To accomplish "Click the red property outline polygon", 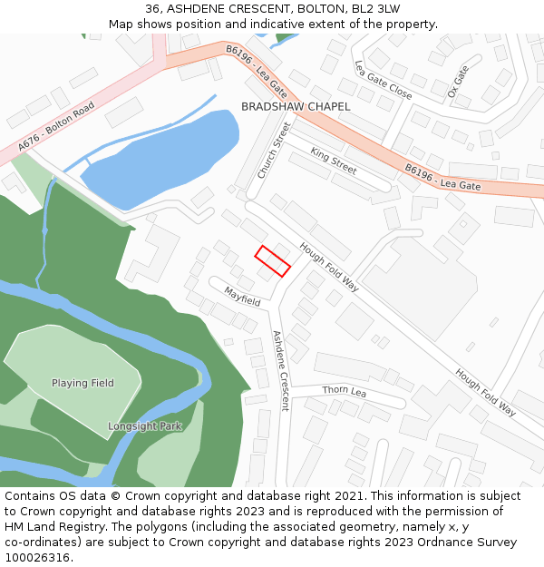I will pyautogui.click(x=272, y=261).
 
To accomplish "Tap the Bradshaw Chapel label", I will pyautogui.click(x=296, y=107).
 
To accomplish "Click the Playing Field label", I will pyautogui.click(x=83, y=383).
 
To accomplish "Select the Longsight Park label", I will pyautogui.click(x=145, y=425).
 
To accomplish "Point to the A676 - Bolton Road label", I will pyautogui.click(x=56, y=126).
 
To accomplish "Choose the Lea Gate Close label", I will pyautogui.click(x=383, y=81).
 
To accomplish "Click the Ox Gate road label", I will pyautogui.click(x=459, y=82).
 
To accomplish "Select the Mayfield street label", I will pyautogui.click(x=243, y=296).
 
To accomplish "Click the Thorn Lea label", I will pyautogui.click(x=344, y=391).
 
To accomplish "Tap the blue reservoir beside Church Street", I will pyautogui.click(x=163, y=150).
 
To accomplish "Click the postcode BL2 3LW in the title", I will pyautogui.click(x=375, y=9).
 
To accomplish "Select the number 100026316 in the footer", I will pyautogui.click(x=36, y=558).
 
